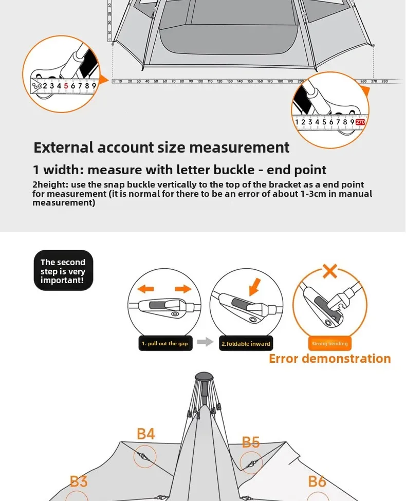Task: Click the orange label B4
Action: coord(146,434)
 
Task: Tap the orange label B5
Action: coord(251,442)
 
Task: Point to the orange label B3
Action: coord(79,481)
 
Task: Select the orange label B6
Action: coord(317,481)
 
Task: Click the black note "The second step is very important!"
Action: coord(63,271)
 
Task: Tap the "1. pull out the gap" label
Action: coord(165,344)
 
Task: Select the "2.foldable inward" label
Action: coord(246,344)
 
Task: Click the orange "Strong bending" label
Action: coord(330,344)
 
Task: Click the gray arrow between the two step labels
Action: coord(206,342)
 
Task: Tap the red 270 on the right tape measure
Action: coord(360,122)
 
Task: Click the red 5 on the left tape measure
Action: coord(66,86)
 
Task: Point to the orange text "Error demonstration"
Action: coord(329,359)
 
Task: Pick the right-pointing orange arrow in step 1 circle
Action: coord(183,288)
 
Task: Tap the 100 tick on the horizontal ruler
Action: coord(200,81)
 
